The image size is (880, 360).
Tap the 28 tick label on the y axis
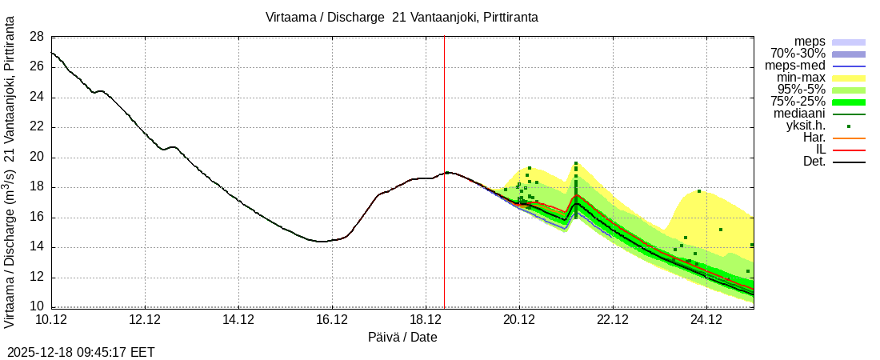click(x=36, y=37)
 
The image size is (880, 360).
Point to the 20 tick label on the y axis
click(x=36, y=158)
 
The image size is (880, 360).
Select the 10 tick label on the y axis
click(x=36, y=307)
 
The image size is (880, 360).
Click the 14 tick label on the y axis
click(x=36, y=247)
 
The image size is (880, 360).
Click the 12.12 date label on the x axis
click(x=145, y=320)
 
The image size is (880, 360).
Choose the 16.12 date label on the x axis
click(x=332, y=320)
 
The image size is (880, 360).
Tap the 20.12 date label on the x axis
click(x=519, y=320)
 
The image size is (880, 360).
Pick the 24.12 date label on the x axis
click(x=706, y=320)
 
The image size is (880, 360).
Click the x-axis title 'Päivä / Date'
click(x=402, y=337)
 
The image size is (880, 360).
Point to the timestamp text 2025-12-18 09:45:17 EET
click(x=81, y=352)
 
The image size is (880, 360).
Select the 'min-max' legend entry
click(x=801, y=78)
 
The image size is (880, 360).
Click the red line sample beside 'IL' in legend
click(x=849, y=150)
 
